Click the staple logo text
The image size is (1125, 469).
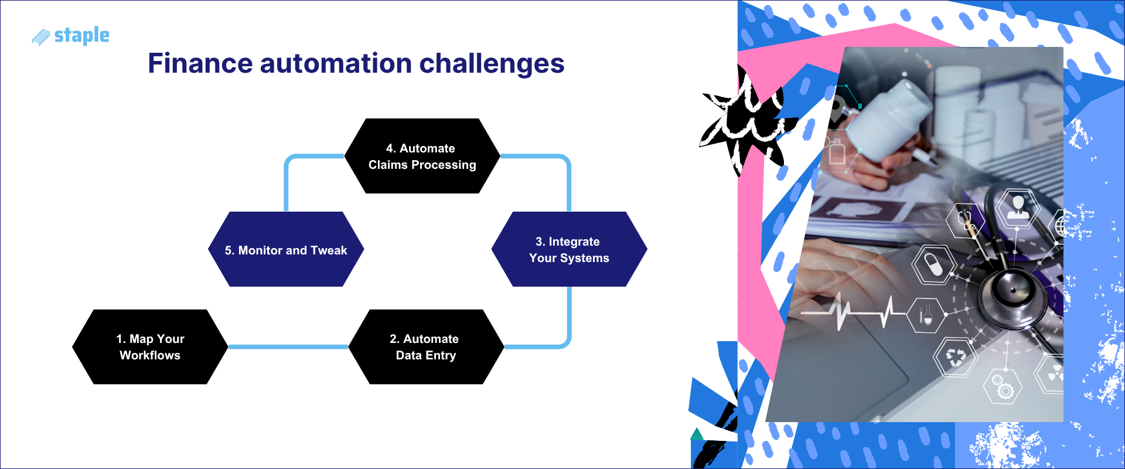(81, 36)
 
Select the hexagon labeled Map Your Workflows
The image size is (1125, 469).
(150, 347)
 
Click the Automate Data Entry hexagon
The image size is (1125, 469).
(426, 347)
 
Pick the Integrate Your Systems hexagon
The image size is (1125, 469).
(569, 249)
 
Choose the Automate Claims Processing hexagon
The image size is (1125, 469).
(422, 156)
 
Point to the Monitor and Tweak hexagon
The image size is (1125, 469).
(286, 249)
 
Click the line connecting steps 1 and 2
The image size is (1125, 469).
(287, 346)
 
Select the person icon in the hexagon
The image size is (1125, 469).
(1018, 208)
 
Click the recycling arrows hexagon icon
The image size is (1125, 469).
(956, 356)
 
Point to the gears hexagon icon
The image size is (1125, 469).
(1003, 386)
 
